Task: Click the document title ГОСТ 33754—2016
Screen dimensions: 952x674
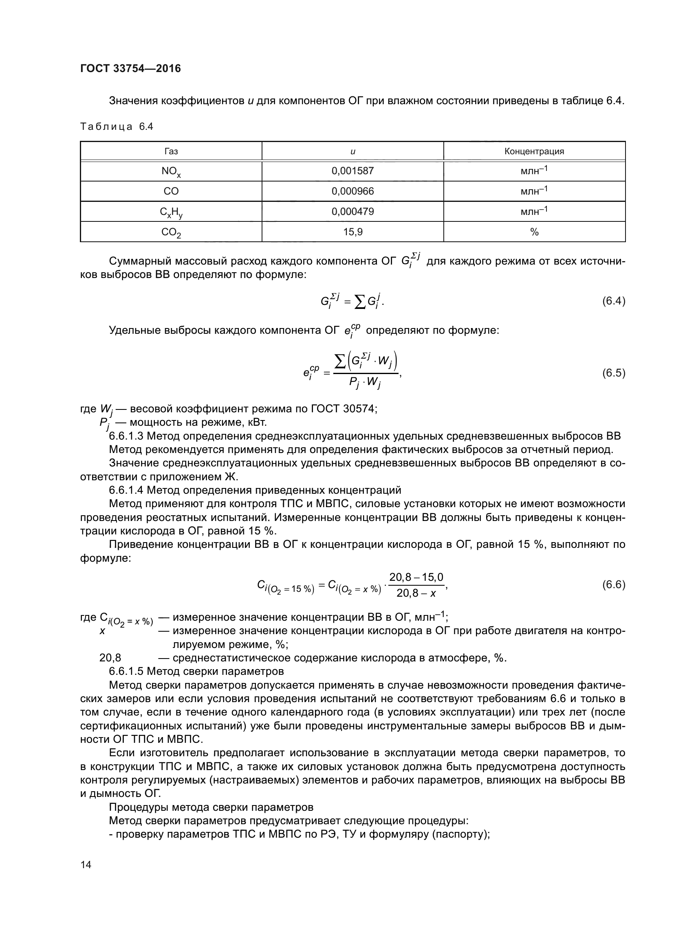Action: [130, 68]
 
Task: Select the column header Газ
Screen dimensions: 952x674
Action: [171, 151]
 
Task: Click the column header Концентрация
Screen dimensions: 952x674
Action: [534, 151]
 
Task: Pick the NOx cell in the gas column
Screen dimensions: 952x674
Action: [171, 171]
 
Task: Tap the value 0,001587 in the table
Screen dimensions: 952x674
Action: [352, 171]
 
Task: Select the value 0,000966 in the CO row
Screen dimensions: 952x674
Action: [352, 191]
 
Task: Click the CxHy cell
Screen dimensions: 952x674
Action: [171, 212]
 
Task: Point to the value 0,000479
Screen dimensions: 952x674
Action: [352, 212]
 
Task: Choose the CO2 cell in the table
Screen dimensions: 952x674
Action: [171, 232]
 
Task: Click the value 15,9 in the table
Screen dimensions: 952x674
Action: [352, 232]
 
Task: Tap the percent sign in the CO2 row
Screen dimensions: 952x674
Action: [534, 232]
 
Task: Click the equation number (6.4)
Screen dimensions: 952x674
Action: [613, 301]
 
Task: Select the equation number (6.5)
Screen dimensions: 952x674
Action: [613, 373]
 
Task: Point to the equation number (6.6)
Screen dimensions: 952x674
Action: [613, 584]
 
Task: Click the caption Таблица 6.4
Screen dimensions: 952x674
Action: [117, 127]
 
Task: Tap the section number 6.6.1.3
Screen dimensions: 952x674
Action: [126, 436]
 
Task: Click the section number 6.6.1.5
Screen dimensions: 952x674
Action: [126, 671]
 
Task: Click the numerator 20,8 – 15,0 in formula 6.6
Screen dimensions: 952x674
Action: [416, 577]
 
